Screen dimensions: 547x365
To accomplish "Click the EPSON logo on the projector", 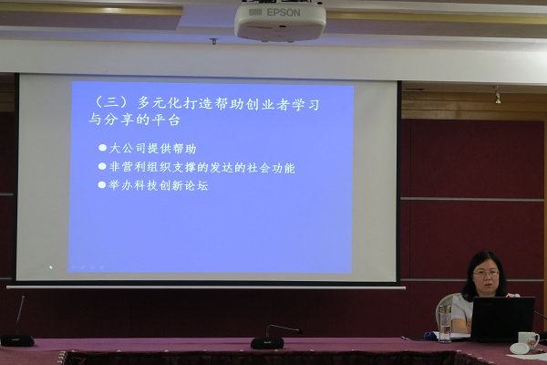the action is point(283,13).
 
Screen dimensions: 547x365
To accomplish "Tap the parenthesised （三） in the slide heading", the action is point(109,102).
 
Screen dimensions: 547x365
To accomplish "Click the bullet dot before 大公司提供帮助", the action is point(102,148).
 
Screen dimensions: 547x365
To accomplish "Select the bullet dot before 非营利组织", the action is point(102,166).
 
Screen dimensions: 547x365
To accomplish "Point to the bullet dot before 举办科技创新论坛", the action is point(102,184).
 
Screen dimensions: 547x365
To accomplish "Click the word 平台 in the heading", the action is point(165,120).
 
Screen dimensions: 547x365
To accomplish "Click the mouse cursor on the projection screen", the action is point(51,267).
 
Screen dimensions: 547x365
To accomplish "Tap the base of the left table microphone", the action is point(17,340).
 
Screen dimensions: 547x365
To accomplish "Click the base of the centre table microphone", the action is point(267,343).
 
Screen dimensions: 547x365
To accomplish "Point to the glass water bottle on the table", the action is point(445,323).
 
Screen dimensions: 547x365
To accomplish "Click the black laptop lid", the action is point(501,318).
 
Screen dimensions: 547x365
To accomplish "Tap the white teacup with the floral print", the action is point(528,340).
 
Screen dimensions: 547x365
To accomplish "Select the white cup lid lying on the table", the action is point(520,349).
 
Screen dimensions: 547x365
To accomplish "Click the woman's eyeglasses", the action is point(486,274).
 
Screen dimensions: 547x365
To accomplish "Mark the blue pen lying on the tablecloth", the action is point(405,339).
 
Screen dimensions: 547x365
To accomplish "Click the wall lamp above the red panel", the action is point(497,95).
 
